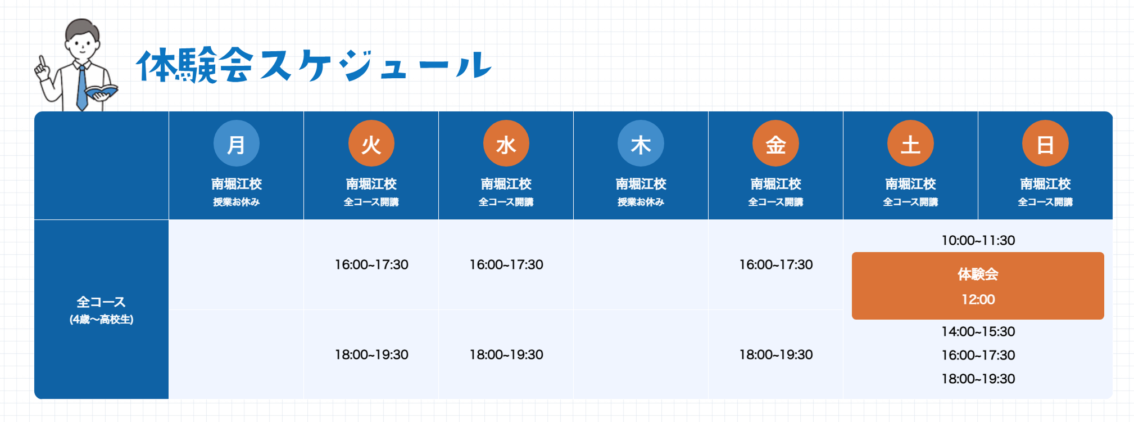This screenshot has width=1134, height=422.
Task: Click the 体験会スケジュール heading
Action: click(314, 65)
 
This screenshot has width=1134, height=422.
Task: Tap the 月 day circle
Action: click(237, 143)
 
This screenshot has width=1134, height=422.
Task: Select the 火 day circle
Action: click(371, 143)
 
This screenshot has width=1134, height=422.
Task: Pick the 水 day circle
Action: click(506, 143)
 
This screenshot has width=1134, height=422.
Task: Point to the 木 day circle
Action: click(641, 143)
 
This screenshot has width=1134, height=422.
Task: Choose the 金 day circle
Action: click(775, 143)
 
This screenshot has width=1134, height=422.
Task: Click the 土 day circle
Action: click(910, 143)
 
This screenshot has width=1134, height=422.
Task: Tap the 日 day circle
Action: click(1045, 143)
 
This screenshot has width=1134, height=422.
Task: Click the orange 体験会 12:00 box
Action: click(978, 286)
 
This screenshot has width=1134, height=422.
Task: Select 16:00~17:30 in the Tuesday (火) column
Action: click(371, 264)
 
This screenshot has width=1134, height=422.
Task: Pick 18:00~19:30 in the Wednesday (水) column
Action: click(506, 354)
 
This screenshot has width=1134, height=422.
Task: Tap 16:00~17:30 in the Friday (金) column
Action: click(775, 264)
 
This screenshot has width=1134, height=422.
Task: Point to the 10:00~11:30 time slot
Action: click(978, 240)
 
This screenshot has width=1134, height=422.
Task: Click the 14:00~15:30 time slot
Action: click(978, 331)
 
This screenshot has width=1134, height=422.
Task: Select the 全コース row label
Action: click(101, 302)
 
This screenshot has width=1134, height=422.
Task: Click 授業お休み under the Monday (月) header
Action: click(237, 202)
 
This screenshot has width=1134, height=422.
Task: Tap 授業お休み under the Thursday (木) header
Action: click(641, 202)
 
